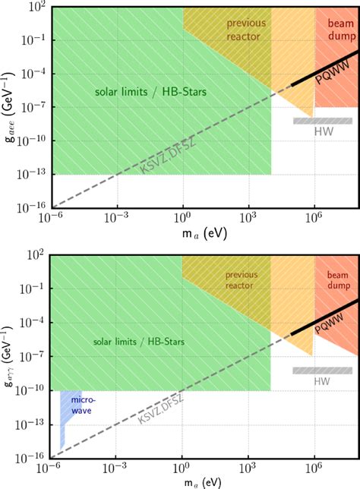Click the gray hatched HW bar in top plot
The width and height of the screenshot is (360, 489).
tap(323, 120)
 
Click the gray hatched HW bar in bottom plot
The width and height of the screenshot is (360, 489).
tap(323, 370)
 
